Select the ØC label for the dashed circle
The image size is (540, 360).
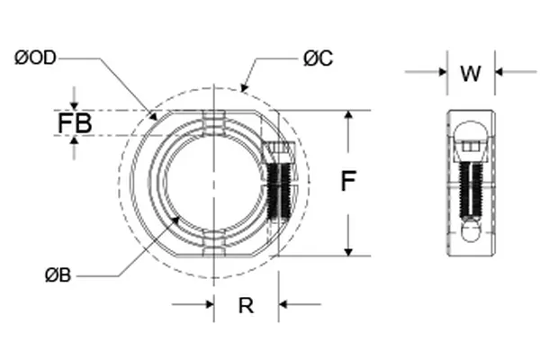click(318, 58)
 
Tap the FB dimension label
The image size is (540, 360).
click(75, 123)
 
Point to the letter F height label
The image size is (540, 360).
click(347, 182)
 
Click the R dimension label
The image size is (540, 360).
click(245, 306)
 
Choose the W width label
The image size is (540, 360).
click(470, 73)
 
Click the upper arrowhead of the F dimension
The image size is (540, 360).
click(347, 116)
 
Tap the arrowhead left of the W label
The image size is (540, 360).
click(442, 72)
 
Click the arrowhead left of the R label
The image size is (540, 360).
click(208, 304)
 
